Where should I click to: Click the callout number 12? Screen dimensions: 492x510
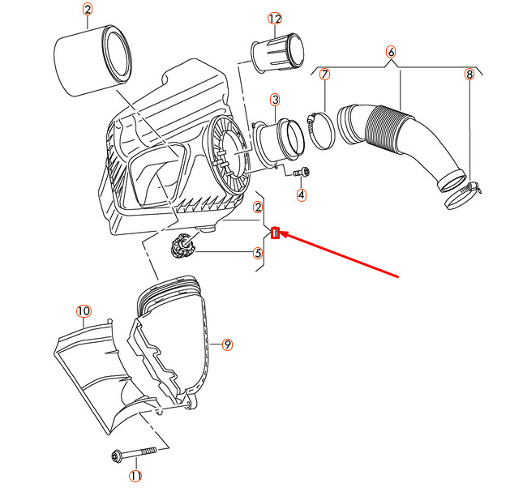pyautogui.click(x=275, y=19)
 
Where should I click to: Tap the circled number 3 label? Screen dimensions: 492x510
pyautogui.click(x=275, y=100)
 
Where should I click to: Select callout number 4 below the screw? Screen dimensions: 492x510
pyautogui.click(x=301, y=195)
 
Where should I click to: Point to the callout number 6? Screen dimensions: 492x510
pyautogui.click(x=391, y=52)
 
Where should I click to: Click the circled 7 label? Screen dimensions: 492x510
pyautogui.click(x=324, y=75)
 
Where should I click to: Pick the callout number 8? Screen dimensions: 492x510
pyautogui.click(x=469, y=75)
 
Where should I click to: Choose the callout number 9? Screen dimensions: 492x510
pyautogui.click(x=228, y=345)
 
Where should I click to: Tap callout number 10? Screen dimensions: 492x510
pyautogui.click(x=83, y=311)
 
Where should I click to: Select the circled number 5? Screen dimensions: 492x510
pyautogui.click(x=258, y=253)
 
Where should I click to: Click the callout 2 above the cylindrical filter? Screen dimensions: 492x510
pyautogui.click(x=88, y=11)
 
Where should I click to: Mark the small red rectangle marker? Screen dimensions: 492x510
pyautogui.click(x=276, y=234)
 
